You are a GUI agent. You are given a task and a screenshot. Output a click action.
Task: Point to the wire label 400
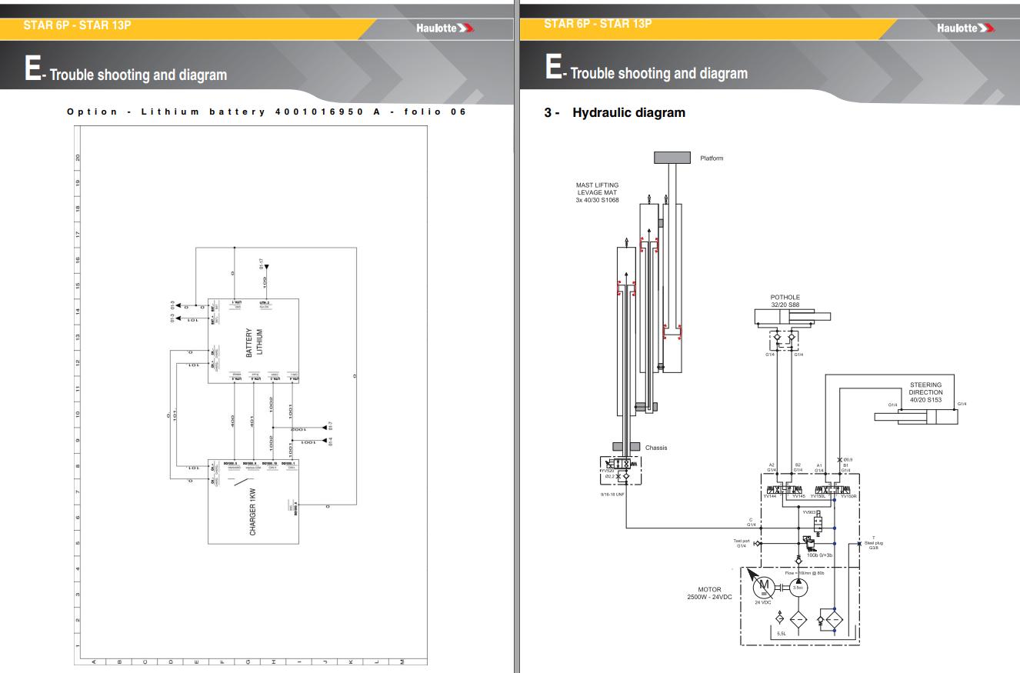coord(232,421)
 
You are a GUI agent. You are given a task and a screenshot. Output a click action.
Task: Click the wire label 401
coord(252,421)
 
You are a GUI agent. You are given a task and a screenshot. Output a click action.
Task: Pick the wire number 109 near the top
coord(265,281)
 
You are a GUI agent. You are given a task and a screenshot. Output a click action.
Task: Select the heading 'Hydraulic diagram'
coord(628,113)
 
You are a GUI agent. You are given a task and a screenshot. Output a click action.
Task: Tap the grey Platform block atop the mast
coord(674,158)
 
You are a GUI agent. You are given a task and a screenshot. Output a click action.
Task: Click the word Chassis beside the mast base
coord(656,448)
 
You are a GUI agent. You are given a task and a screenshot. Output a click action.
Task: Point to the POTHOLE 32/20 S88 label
coord(785,300)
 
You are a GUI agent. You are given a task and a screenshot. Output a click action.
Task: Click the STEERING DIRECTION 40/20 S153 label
coord(925,392)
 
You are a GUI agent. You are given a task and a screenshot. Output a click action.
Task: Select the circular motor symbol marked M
coord(765,587)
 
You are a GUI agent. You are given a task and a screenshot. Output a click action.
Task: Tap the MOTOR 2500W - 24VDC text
coord(709,593)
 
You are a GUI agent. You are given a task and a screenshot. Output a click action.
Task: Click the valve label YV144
coord(768,497)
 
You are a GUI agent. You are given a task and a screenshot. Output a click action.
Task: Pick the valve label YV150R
coord(848,497)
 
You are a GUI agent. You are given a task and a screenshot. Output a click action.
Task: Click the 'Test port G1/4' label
coord(742,543)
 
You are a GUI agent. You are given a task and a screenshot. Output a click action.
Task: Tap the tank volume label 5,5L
coord(781,633)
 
